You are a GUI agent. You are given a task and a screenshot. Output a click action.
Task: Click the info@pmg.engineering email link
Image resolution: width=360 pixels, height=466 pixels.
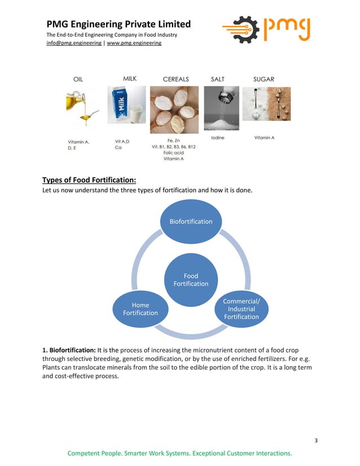73,43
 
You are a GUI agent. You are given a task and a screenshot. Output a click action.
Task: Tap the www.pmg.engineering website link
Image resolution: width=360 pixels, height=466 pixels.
134,43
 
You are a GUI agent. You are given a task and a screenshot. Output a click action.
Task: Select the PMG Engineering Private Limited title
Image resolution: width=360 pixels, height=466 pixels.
118,24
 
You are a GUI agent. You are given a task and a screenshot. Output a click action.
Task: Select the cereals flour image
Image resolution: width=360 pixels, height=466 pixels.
173,109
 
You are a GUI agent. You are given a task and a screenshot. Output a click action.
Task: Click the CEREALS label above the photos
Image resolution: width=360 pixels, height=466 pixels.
175,79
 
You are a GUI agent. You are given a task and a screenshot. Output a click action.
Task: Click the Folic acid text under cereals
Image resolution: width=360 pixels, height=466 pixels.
173,152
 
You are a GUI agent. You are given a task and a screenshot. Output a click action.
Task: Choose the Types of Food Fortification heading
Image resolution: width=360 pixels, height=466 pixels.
89,181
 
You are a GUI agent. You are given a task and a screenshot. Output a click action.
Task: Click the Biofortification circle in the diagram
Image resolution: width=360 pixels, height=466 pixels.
191,221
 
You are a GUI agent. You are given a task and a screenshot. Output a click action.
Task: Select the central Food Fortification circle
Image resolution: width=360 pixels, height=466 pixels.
191,280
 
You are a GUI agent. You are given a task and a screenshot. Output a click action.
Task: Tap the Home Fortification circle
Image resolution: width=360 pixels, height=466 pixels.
141,309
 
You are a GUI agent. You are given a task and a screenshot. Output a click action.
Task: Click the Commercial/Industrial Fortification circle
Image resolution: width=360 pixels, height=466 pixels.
242,309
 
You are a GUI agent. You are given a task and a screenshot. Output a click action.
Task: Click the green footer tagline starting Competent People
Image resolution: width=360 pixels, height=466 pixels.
179,453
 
